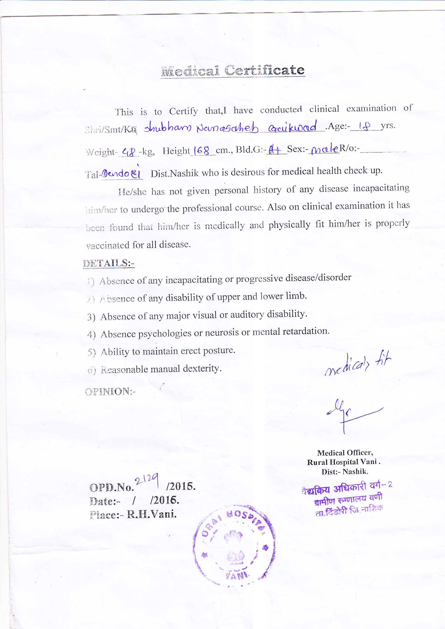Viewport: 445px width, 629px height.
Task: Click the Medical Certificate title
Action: (x=233, y=71)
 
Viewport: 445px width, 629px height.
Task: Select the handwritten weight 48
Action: (x=129, y=151)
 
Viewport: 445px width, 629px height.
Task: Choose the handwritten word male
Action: (x=324, y=149)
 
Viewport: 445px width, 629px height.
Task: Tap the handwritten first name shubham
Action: (x=168, y=128)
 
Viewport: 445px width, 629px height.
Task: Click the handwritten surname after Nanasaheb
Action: (x=293, y=127)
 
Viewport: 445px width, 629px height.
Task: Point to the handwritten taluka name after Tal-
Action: (x=121, y=173)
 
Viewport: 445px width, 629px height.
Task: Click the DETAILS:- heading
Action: (x=108, y=263)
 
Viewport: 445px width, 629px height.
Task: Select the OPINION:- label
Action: (x=110, y=391)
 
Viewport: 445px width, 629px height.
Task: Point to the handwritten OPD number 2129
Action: (x=147, y=479)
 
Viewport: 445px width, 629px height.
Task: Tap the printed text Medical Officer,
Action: (x=345, y=453)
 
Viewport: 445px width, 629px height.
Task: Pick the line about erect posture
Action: (x=168, y=351)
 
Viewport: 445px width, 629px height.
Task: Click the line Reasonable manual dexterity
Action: (x=161, y=369)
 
